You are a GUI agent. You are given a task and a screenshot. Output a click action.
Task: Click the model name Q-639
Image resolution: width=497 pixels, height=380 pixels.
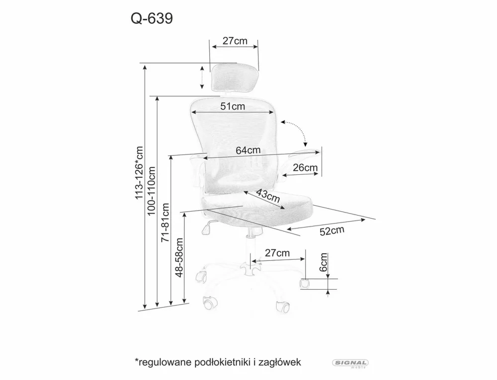(152, 18)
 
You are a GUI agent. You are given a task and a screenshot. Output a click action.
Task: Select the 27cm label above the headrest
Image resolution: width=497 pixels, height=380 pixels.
(235, 41)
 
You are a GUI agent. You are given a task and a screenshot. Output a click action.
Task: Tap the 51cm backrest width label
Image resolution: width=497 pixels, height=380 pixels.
(233, 106)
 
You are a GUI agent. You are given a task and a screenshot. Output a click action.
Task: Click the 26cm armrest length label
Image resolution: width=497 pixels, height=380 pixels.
(305, 167)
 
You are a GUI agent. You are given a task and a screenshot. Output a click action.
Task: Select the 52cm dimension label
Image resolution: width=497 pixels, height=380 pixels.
(331, 231)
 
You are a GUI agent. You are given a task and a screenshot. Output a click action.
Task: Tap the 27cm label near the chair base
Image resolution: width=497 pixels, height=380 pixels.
(277, 253)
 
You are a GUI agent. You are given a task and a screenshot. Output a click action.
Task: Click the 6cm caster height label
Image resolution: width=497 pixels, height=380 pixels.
(324, 262)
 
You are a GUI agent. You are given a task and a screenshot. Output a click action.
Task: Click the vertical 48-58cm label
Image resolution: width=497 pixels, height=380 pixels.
(179, 256)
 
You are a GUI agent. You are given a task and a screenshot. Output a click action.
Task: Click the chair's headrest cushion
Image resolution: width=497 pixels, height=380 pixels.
(234, 77)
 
